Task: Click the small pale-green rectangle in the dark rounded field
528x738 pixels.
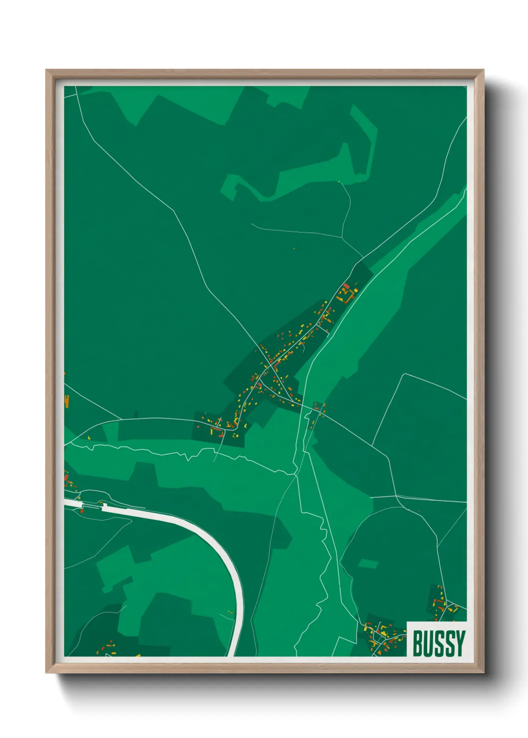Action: [x=369, y=564]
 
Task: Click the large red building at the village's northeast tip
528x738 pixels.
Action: [x=347, y=286]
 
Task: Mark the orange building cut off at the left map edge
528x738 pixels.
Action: [x=66, y=401]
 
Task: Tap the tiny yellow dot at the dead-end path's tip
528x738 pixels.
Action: [x=339, y=182]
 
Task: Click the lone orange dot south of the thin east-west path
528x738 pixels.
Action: [x=294, y=248]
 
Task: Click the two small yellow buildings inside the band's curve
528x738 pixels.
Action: [x=231, y=612]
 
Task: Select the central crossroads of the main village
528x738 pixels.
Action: [x=270, y=368]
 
